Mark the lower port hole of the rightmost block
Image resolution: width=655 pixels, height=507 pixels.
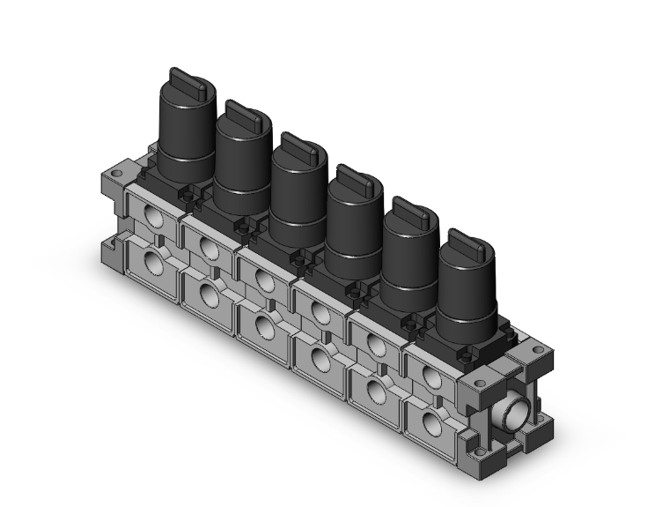[x=429, y=424]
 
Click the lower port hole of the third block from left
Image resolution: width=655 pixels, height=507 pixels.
[x=264, y=324]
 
